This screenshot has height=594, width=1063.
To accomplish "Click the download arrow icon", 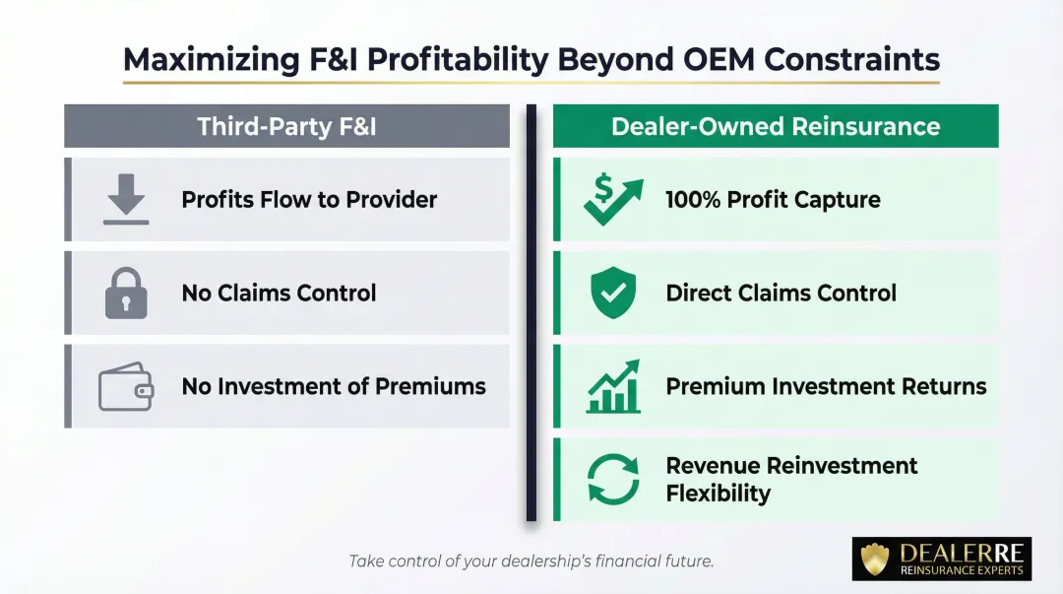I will tap(126, 200).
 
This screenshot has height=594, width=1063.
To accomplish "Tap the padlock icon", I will tap(126, 294).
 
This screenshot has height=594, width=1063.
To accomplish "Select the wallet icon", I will tap(126, 387).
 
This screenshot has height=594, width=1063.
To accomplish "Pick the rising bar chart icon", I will tap(613, 386).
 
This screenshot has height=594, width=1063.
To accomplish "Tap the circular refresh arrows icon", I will tap(613, 480).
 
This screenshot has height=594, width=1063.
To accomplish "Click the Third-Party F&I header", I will tap(286, 126).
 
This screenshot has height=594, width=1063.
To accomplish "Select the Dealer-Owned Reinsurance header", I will tap(776, 126).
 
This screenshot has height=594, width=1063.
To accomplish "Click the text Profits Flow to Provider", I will tap(309, 200).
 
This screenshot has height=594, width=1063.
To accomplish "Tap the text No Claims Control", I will tap(279, 294).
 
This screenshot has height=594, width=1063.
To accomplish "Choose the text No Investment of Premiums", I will tap(334, 387).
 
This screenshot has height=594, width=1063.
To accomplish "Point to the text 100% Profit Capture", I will tap(773, 200).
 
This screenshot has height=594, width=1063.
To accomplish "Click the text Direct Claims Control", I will tap(781, 294).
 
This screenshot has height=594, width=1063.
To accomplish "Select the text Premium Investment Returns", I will tap(826, 387).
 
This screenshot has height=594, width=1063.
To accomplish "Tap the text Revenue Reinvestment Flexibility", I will tap(791, 480).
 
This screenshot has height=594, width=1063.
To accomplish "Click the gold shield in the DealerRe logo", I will tap(875, 560).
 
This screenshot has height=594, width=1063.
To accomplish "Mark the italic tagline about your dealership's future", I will tap(531, 561).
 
